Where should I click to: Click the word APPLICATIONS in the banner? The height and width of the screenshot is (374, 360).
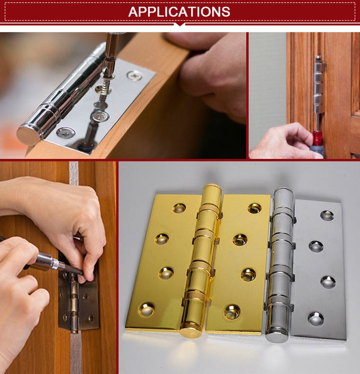pyautogui.click(x=179, y=12)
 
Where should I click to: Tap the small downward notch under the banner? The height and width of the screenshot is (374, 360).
pyautogui.click(x=179, y=24)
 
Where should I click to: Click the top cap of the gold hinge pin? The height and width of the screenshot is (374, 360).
pyautogui.click(x=212, y=190)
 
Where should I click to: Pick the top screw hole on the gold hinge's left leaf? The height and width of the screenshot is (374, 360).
pyautogui.click(x=179, y=208)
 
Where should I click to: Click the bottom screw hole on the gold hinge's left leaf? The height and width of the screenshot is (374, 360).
pyautogui.click(x=146, y=308)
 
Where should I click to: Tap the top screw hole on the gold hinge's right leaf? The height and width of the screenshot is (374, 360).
pyautogui.click(x=255, y=208)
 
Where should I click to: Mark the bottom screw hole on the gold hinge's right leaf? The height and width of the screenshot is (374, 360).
pyautogui.click(x=231, y=311)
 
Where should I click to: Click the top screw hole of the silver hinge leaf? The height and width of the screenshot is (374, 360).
pyautogui.click(x=327, y=215)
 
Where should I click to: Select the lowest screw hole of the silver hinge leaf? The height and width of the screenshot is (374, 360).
pyautogui.click(x=316, y=318)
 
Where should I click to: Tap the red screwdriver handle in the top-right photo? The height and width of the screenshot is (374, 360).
pyautogui.click(x=317, y=139)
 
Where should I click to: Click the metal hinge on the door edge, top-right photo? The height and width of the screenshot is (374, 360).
pyautogui.click(x=318, y=85)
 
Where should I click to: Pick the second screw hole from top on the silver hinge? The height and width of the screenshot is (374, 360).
pyautogui.click(x=316, y=246)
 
